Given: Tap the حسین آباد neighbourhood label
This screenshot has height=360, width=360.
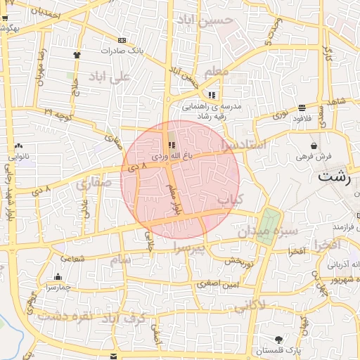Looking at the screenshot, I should [x=215, y=20].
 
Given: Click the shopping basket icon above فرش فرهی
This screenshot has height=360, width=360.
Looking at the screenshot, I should [x=313, y=146].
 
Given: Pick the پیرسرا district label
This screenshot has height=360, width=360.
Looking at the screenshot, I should [x=189, y=247].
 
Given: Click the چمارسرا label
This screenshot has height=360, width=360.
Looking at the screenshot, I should [x=56, y=287].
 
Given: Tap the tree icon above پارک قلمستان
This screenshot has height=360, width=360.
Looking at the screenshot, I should [x=279, y=339].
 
